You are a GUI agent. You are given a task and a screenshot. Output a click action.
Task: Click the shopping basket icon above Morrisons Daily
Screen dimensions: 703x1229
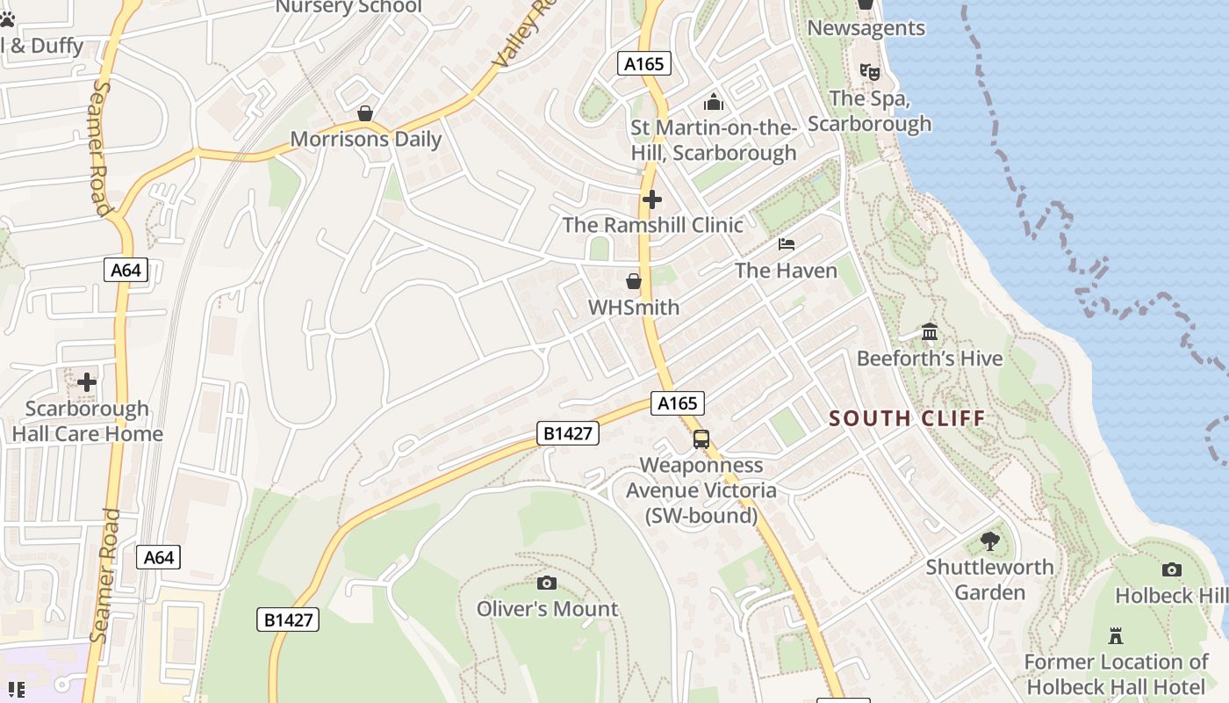click(365, 114)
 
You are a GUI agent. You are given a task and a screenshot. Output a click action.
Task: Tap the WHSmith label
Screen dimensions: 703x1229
click(633, 308)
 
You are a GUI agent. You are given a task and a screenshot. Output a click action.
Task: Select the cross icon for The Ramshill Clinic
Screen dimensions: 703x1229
click(651, 199)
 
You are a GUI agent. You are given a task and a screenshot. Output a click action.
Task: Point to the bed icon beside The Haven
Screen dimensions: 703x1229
click(787, 244)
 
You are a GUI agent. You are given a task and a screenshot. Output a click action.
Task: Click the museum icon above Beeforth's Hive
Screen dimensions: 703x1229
click(930, 332)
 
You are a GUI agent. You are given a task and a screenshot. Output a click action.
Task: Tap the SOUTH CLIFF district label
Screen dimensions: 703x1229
click(908, 418)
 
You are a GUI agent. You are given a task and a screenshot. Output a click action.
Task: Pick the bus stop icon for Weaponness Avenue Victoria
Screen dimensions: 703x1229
click(701, 439)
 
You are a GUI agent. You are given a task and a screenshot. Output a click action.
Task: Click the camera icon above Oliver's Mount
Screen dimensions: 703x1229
click(546, 583)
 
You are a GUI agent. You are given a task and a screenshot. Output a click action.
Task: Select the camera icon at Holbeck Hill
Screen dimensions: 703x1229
click(1171, 570)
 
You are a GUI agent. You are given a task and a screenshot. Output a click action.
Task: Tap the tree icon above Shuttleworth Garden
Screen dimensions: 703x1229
click(990, 541)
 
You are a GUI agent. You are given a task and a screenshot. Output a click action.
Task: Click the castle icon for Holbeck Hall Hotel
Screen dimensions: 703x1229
click(1116, 635)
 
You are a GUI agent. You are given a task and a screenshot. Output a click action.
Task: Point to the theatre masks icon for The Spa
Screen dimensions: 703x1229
click(869, 71)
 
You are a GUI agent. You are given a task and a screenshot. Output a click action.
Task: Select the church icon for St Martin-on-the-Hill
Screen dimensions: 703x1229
click(714, 102)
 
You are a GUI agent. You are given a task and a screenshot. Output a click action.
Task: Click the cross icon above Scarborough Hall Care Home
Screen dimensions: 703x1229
click(87, 382)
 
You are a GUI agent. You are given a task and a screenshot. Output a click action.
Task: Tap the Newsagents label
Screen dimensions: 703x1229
click(866, 28)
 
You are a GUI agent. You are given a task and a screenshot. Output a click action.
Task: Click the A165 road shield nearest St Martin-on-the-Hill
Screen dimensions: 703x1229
click(644, 63)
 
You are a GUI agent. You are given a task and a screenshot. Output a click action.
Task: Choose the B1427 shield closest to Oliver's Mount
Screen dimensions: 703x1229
click(288, 620)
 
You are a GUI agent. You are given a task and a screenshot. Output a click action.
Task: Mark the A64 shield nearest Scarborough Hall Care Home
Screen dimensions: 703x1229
click(126, 270)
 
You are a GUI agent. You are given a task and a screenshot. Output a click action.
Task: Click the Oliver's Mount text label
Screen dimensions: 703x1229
click(547, 609)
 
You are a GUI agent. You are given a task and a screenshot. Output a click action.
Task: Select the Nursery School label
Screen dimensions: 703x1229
click(349, 8)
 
